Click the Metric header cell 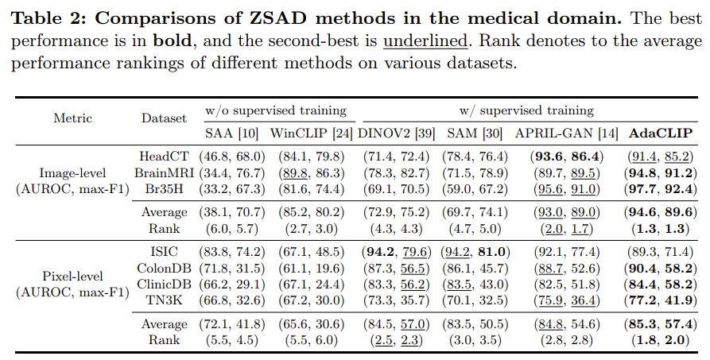click(72, 118)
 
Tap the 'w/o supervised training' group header click(276, 110)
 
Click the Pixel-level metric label click(72, 277)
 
